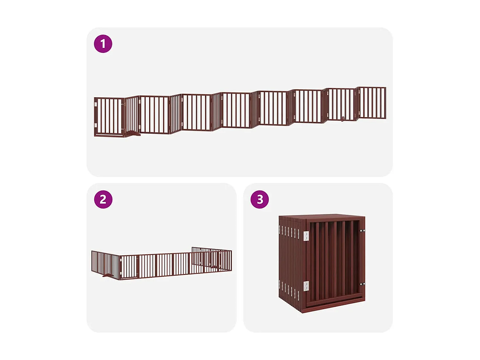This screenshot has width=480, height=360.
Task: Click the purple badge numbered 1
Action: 103,44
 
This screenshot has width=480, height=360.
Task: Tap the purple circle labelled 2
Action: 103,199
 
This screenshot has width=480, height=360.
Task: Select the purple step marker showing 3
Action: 260,199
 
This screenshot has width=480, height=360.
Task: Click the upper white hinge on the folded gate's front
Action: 306,236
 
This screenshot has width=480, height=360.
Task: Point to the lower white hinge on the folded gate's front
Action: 306,286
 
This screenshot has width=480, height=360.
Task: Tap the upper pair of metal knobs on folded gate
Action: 362,231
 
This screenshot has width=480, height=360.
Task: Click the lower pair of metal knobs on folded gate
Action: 362,284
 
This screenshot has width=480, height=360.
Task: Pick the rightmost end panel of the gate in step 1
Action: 372,103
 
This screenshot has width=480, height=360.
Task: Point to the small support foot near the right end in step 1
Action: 343,119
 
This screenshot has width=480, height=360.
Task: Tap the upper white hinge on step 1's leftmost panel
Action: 96,104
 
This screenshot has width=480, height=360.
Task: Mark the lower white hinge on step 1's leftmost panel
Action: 96,125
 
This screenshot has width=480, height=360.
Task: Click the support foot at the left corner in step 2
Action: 108,276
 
